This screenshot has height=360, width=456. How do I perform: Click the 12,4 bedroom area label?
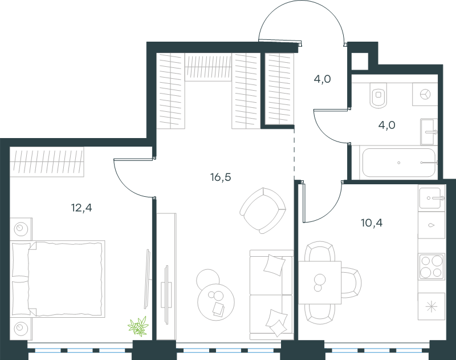(x=82, y=208)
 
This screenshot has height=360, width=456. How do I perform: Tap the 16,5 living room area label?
(x=221, y=177)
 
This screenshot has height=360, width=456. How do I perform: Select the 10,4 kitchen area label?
(x=372, y=223)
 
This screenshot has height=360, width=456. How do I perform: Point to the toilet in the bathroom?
(x=378, y=95)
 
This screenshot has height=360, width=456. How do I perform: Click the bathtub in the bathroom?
(x=398, y=163)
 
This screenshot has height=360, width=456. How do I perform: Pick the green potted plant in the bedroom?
(x=139, y=326)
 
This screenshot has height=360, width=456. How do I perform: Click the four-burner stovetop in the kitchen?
(x=431, y=266)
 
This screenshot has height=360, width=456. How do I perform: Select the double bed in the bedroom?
(x=58, y=278)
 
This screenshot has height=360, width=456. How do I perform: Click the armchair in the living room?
(x=263, y=211)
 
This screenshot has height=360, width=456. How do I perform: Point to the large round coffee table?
(x=216, y=302)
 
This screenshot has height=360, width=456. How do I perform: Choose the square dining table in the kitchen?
(x=320, y=282)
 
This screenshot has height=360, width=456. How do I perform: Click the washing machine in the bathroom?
(x=425, y=94)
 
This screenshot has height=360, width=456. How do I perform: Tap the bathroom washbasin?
(x=429, y=132)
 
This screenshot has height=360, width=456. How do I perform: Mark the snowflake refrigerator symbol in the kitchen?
(x=431, y=306)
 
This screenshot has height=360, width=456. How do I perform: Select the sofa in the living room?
(x=271, y=294)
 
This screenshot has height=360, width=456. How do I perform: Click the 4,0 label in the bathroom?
(x=387, y=125)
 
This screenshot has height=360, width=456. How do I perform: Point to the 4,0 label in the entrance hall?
(x=322, y=79)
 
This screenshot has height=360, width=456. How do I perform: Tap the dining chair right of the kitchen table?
(x=351, y=282)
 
